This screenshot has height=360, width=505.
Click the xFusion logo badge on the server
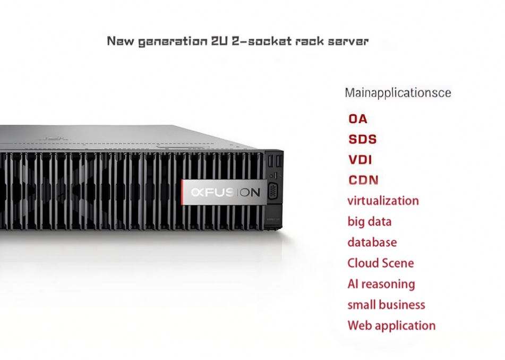tap(222, 192)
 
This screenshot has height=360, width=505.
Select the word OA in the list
tap(357, 118)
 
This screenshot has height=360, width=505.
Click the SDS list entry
tap(362, 139)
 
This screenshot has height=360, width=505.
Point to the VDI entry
tap(360, 160)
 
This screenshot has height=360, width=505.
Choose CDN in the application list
tap(363, 180)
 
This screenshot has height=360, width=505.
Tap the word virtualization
tap(383, 201)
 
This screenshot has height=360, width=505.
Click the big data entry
tap(369, 221)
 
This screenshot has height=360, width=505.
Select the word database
tap(372, 242)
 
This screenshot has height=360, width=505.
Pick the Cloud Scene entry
tap(380, 263)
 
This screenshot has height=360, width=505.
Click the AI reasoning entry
tap(381, 284)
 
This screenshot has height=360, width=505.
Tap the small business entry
tap(386, 305)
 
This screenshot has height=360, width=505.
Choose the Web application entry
tap(391, 325)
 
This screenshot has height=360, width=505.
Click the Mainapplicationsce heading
tap(398, 93)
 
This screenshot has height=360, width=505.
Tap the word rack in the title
tap(313, 41)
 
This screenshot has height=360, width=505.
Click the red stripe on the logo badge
tap(184, 192)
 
